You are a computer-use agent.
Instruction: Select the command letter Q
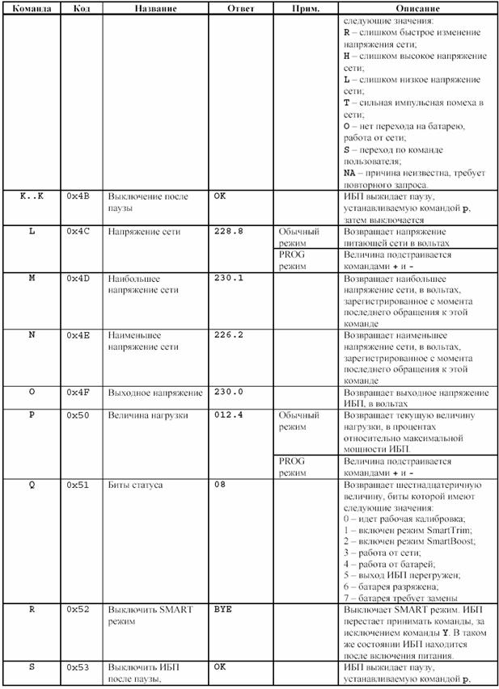coord(32,485)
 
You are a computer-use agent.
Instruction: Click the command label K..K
coord(32,196)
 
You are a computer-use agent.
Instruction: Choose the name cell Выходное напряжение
coord(154,393)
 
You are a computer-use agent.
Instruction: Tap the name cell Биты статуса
coord(135,485)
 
